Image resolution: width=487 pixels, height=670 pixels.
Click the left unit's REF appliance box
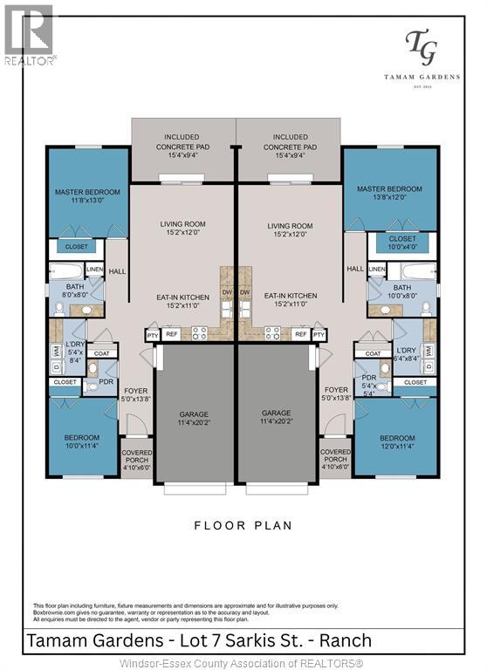pos(172,334)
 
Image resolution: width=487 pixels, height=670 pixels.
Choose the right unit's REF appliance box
pos(299,334)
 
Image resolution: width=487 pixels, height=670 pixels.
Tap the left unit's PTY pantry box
pos(153,334)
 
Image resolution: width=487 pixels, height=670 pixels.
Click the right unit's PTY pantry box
pos(319,334)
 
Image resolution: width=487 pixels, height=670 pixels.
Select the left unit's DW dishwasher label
pos(227,292)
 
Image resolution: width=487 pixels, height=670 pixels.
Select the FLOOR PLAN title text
pos(243,526)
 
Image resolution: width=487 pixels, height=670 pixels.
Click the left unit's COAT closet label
pos(102,353)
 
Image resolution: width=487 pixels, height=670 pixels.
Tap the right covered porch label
pos(335,459)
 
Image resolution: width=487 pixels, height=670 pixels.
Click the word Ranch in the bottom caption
pos(346,641)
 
